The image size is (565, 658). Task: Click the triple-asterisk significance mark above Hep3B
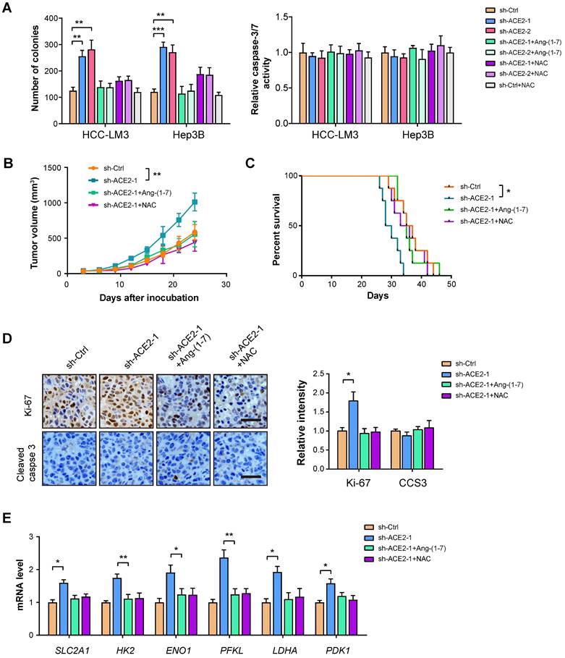158,30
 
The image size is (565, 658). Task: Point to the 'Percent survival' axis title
278,225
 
